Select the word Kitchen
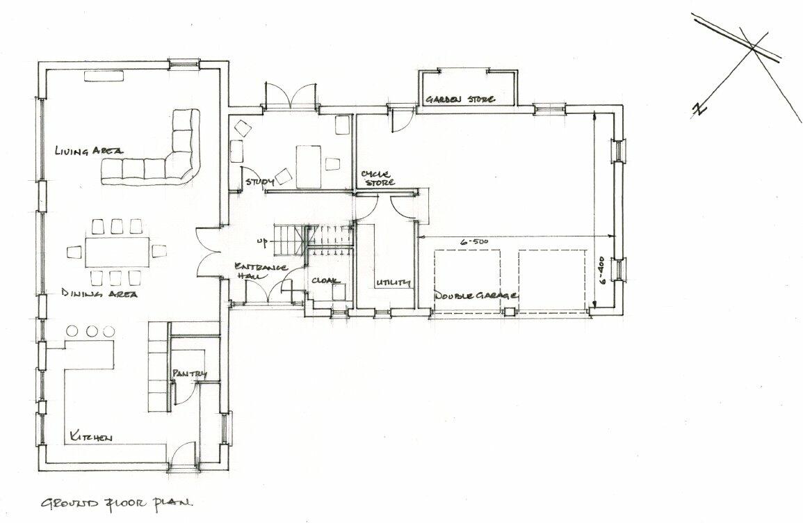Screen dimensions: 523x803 tap(90, 437)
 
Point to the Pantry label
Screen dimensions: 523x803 tap(190, 374)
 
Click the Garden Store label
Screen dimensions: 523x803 tap(460, 99)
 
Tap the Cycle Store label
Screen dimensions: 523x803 tap(378, 177)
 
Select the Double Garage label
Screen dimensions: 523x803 tap(476, 296)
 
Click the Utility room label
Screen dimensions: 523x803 tap(393, 283)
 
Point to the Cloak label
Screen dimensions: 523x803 tap(325, 281)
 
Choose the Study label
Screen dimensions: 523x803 tap(258, 182)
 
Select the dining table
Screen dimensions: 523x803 tap(117, 252)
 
